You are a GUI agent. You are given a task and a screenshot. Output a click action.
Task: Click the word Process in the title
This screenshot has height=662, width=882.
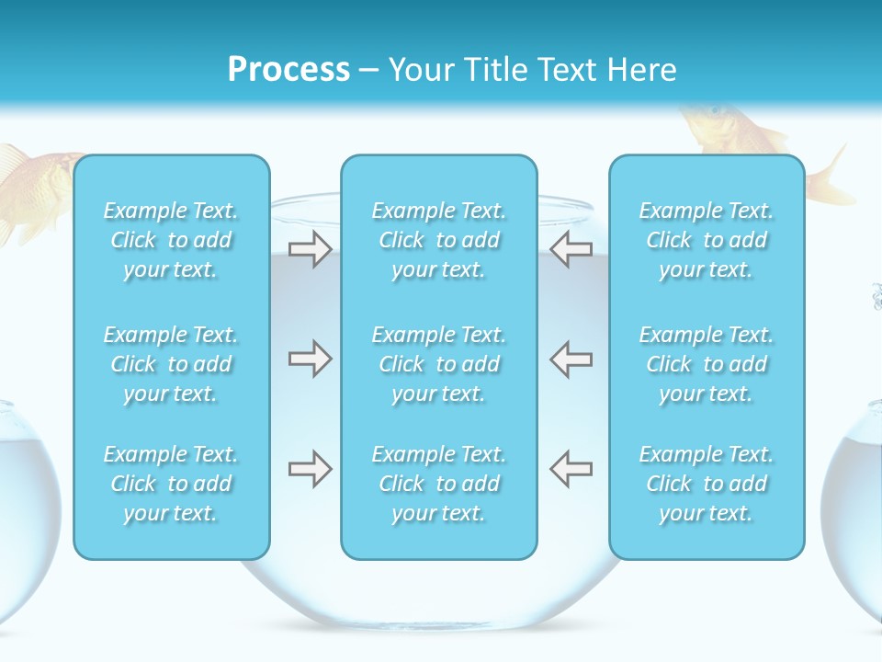288,70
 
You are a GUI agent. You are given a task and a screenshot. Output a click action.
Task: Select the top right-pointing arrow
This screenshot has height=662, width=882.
310,249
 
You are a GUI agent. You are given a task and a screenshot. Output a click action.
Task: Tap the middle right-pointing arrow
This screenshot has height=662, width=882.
310,359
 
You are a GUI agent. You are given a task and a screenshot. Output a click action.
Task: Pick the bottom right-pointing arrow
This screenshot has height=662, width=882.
310,469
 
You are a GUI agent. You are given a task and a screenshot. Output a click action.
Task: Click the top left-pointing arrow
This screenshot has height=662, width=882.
571,249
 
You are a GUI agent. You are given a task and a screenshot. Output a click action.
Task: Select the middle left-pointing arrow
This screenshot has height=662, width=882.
571,359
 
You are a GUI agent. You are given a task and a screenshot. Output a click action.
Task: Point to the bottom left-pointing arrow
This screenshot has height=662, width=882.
571,469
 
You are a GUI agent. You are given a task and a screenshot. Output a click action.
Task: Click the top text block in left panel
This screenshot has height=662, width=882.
171,240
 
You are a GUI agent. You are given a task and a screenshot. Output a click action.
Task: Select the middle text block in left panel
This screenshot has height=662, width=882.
171,364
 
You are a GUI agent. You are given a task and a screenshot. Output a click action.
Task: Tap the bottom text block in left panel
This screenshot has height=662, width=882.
171,484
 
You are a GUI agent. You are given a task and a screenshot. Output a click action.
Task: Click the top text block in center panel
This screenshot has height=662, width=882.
438,240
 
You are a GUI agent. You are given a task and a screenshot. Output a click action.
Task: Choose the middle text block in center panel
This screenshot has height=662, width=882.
438,364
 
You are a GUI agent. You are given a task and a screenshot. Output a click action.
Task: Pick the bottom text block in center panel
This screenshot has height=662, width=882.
438,484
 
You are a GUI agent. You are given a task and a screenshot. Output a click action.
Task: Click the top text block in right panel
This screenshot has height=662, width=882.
706,240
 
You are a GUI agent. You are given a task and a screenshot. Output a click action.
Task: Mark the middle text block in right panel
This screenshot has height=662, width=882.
706,364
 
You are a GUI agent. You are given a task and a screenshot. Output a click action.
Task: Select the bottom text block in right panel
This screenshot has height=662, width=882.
706,484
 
